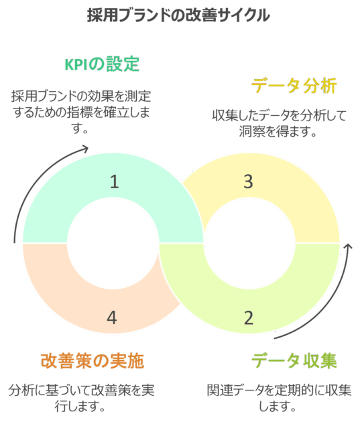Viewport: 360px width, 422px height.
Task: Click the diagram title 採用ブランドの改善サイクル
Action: (178, 15)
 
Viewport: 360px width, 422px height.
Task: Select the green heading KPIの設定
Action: (102, 64)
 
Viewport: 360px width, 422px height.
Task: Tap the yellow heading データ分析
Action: (294, 86)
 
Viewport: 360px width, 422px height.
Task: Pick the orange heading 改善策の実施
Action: (93, 360)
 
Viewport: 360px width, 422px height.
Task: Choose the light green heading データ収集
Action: (294, 360)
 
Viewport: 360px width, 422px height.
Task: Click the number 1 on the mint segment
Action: (115, 182)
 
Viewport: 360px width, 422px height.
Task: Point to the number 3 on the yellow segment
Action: (248, 182)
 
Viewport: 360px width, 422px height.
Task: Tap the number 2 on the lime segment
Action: (249, 318)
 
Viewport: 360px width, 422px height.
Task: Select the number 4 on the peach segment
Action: (112, 318)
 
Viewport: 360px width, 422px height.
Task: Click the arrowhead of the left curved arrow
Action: (86, 148)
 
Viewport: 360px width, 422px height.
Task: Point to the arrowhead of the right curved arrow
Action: (348, 247)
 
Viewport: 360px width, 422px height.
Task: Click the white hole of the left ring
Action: (113, 243)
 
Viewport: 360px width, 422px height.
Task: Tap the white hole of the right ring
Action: (249, 243)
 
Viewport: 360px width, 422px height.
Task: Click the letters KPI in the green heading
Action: (76, 64)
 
